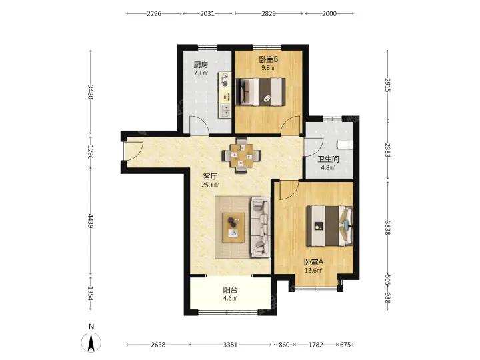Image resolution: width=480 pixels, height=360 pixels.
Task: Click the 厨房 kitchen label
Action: (x=201, y=65)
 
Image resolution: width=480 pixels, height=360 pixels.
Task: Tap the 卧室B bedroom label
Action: (x=269, y=59)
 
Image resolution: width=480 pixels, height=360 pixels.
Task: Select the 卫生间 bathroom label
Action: (x=328, y=159)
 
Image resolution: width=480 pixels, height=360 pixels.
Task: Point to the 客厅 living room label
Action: (x=210, y=176)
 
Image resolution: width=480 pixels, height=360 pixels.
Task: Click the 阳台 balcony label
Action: (x=230, y=289)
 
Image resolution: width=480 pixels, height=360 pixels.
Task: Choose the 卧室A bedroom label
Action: (x=313, y=262)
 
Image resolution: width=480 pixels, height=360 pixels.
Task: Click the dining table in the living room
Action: (x=242, y=156)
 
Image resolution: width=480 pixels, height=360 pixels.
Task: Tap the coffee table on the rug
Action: (x=233, y=228)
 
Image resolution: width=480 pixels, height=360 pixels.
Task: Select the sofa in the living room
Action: (x=260, y=227)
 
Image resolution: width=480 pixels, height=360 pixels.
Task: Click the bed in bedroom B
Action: (x=261, y=92)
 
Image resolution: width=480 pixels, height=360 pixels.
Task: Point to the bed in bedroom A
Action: (x=330, y=226)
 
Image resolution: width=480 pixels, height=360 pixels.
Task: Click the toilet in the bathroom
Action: (x=345, y=145)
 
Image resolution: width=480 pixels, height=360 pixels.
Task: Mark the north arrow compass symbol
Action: (x=91, y=342)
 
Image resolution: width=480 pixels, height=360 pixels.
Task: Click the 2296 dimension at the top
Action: (x=154, y=13)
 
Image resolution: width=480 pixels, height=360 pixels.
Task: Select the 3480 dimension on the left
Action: (x=90, y=92)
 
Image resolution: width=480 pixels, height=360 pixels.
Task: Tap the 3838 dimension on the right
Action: (x=387, y=228)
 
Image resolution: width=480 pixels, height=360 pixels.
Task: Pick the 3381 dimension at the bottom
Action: (x=230, y=345)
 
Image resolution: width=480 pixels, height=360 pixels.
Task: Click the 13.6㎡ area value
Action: (x=313, y=271)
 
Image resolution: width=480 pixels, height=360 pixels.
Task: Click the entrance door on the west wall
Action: (x=132, y=151)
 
